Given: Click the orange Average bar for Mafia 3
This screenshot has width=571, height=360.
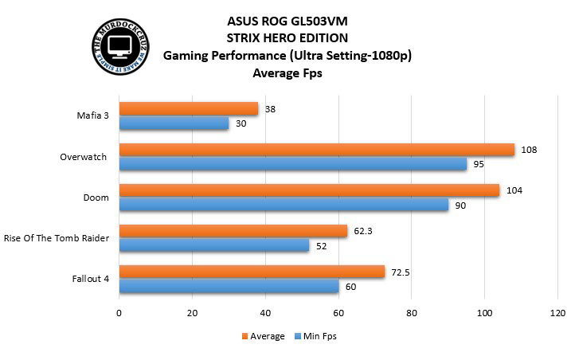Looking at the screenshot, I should (189, 108).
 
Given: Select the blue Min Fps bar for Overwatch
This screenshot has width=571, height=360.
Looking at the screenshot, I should (293, 164).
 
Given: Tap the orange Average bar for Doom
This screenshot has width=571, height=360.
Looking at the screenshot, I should (309, 190).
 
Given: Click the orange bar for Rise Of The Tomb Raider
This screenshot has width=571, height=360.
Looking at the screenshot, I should (233, 231).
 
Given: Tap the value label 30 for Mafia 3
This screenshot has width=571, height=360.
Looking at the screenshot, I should (241, 123).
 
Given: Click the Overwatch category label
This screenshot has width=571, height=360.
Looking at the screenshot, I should (83, 157).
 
